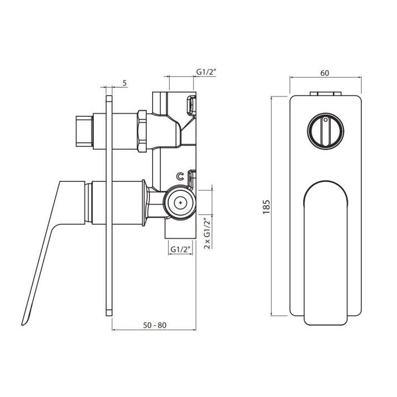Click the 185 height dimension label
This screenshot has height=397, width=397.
267,207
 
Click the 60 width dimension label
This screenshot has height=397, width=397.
325,73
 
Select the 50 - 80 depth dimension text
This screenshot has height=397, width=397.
155,325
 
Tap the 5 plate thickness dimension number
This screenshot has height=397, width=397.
125,83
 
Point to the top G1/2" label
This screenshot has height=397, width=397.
206,72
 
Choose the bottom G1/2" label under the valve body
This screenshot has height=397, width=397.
180,249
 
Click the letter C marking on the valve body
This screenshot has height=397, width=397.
180,176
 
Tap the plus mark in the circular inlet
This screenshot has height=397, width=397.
180,202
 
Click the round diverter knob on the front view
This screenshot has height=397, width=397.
325,131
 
